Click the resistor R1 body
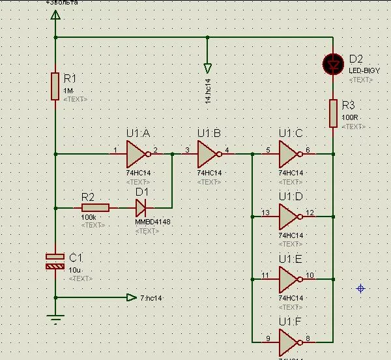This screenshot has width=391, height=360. pyautogui.click(x=55, y=87)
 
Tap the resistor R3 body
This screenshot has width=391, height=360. pyautogui.click(x=333, y=113)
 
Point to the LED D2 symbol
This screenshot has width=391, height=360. pyautogui.click(x=333, y=64)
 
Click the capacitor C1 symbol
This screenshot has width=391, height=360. pyautogui.click(x=55, y=262)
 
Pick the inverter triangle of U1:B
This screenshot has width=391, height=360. pyautogui.click(x=208, y=155)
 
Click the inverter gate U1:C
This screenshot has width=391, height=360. pyautogui.click(x=289, y=155)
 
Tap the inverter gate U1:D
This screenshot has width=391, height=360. pyautogui.click(x=289, y=215)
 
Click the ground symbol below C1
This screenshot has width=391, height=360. pyautogui.click(x=55, y=319)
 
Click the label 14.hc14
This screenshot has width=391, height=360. pyautogui.click(x=208, y=92)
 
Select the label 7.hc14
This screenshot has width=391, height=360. pyautogui.click(x=152, y=298)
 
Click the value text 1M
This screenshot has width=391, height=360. pyautogui.click(x=68, y=91)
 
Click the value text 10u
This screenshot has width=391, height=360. pyautogui.click(x=76, y=269)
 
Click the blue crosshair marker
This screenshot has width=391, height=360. pyautogui.click(x=360, y=288)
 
